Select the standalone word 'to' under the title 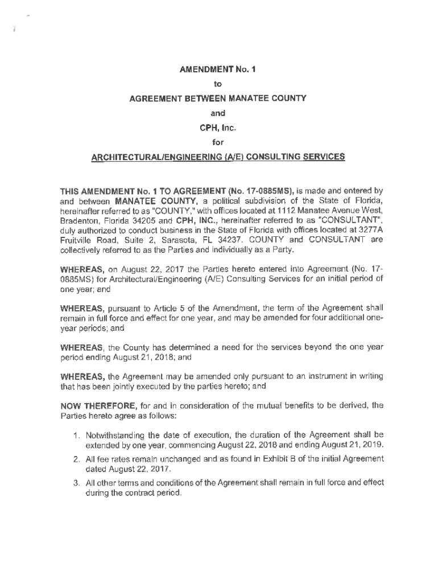pyautogui.click(x=218, y=85)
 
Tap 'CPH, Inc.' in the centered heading pyautogui.click(x=218, y=128)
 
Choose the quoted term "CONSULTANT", pyautogui.click(x=350, y=217)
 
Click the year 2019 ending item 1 pyautogui.click(x=372, y=445)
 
